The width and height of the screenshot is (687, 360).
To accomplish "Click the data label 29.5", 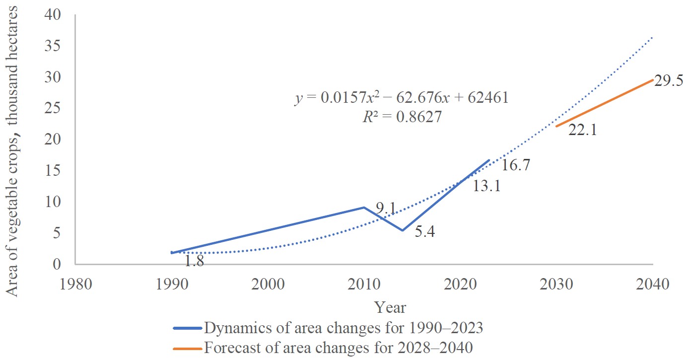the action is click(669, 81).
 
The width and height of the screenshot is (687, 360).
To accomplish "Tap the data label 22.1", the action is click(583, 130).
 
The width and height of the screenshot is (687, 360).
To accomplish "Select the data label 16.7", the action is click(516, 165).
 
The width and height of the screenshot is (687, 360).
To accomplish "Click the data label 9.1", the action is click(386, 209).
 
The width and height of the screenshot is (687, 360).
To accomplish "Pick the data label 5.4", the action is click(425, 231).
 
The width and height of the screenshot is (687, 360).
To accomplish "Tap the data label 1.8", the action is click(194, 261).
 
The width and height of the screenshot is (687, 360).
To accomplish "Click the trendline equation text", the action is click(402, 98).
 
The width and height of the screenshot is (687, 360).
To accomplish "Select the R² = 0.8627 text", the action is click(402, 117).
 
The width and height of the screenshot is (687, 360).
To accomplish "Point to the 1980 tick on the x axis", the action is click(76, 284).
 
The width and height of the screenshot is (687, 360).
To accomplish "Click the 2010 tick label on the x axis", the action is click(364, 284).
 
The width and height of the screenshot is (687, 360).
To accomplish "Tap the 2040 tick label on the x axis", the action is click(653, 284).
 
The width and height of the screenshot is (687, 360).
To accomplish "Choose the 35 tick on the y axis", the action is click(53, 46).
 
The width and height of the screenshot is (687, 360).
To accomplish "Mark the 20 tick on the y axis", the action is click(53, 140).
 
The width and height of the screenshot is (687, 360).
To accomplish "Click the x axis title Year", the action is click(390, 307).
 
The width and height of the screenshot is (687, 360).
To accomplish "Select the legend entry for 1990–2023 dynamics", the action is click(328, 328).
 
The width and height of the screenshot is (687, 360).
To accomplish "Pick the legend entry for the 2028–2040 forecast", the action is click(323, 348).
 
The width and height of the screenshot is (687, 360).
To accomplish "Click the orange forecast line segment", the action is click(605, 103).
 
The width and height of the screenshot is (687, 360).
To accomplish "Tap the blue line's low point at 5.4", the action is click(403, 230).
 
